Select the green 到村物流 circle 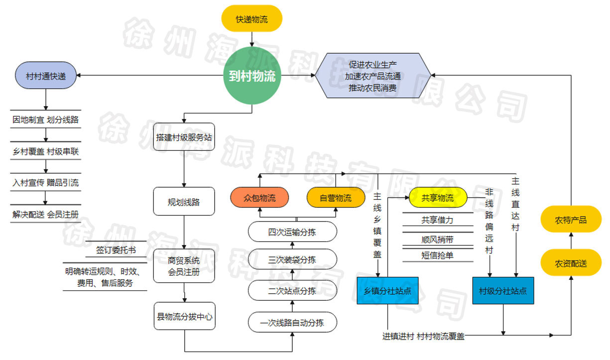252,76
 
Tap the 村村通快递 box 46,76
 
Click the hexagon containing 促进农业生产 373,76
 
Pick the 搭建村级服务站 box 184,137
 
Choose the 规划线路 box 184,202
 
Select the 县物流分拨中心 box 184,316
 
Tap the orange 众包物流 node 259,198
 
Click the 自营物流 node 335,198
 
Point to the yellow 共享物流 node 438,198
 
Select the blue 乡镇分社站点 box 387,291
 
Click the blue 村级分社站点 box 503,291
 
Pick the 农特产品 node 571,220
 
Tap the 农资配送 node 571,263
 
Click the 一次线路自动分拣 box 292,323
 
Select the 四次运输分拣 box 292,232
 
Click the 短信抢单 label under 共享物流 438,255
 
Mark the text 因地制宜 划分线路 46,120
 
